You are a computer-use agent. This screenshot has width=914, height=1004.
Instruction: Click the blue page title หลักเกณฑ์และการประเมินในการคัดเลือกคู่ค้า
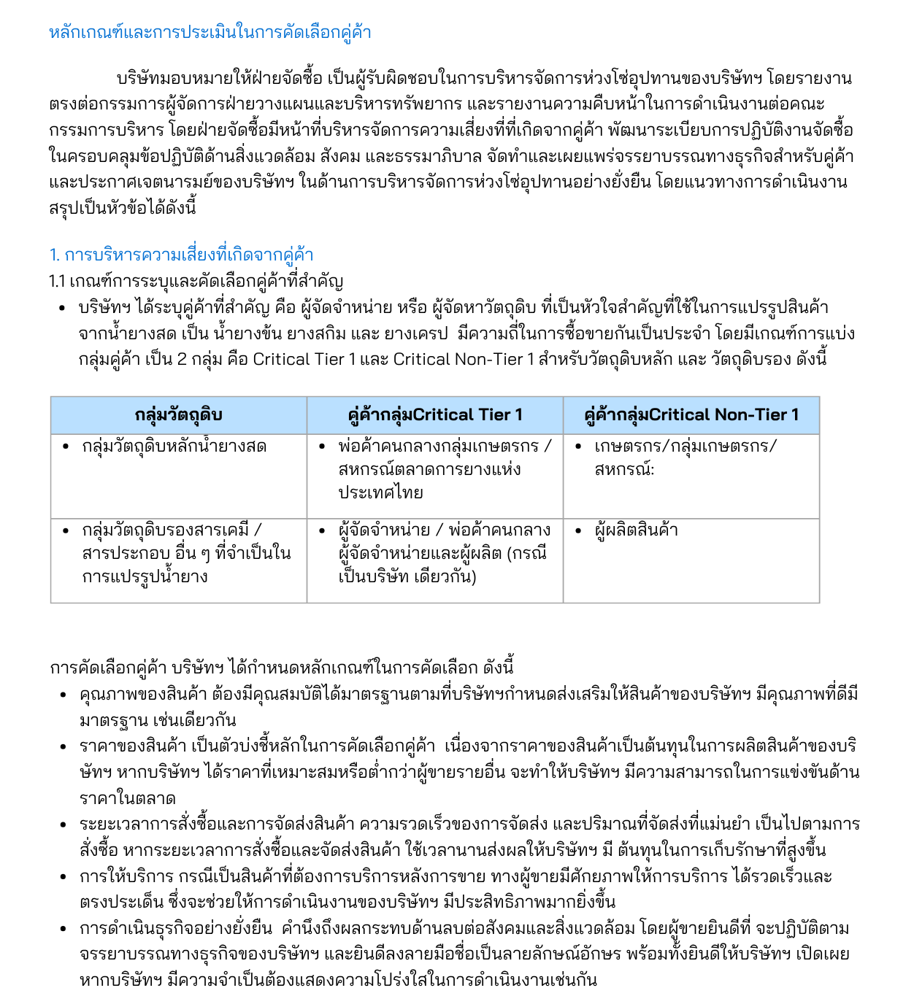pos(210,33)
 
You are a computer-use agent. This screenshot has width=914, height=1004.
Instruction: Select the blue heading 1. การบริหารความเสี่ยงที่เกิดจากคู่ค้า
pos(181,255)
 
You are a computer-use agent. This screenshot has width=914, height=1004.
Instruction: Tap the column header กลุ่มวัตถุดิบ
pos(178,415)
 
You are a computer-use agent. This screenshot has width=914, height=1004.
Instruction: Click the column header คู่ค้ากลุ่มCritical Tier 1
pos(435,415)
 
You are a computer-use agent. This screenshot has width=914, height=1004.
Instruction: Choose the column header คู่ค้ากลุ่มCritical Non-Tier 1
pos(691,415)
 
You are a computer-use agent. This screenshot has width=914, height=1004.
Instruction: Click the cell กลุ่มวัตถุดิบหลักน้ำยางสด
pos(174,447)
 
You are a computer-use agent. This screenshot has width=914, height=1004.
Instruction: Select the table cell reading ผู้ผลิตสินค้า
pos(636,530)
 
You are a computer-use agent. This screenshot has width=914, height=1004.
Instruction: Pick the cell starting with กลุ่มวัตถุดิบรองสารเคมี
pos(186,553)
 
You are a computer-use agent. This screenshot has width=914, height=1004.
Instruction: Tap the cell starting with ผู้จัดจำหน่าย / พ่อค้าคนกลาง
pos(444,553)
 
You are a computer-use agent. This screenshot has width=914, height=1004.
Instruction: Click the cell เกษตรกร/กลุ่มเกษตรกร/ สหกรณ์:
pos(685,457)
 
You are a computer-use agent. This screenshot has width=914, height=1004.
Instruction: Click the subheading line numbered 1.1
pos(196,281)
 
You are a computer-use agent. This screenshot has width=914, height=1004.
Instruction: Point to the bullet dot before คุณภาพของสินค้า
pos(64,695)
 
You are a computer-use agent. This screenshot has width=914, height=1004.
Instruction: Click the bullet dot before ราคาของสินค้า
pos(64,746)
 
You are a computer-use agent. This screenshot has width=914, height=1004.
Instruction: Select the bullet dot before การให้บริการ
pos(64,876)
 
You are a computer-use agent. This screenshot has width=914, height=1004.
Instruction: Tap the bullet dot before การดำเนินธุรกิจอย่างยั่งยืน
pos(64,929)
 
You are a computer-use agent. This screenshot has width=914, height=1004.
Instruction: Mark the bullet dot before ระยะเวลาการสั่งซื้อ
pos(64,825)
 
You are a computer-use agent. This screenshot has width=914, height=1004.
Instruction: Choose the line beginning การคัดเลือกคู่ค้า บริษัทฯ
pos(282,668)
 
